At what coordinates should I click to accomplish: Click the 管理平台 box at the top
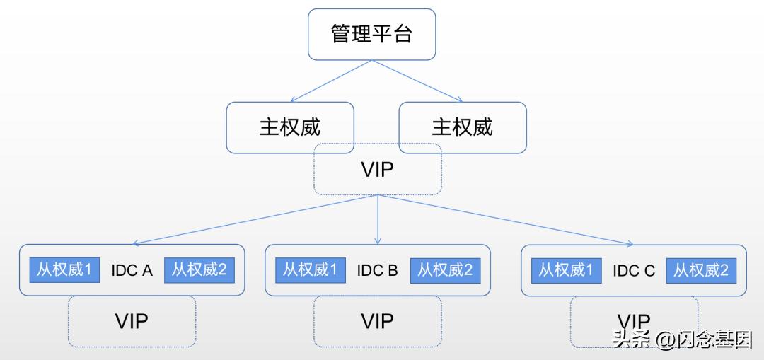click(371, 34)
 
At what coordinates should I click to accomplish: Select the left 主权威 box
click(289, 127)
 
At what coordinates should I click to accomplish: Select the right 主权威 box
click(462, 127)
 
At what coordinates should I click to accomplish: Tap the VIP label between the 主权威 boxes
click(377, 170)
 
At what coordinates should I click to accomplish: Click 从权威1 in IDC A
click(64, 270)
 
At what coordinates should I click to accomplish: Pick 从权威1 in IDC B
click(310, 270)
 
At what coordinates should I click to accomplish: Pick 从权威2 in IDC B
click(444, 270)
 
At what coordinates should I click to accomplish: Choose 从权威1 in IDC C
click(566, 270)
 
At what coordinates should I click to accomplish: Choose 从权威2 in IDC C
click(700, 270)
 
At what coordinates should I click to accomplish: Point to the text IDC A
click(132, 271)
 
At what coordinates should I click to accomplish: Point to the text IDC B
click(377, 271)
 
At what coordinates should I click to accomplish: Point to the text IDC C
click(633, 271)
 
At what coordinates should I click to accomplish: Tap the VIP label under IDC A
click(132, 321)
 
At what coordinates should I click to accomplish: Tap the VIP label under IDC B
click(377, 321)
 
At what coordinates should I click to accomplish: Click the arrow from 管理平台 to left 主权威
click(330, 81)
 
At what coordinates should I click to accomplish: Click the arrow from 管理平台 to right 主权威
click(417, 81)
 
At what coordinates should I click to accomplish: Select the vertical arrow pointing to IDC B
click(378, 219)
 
